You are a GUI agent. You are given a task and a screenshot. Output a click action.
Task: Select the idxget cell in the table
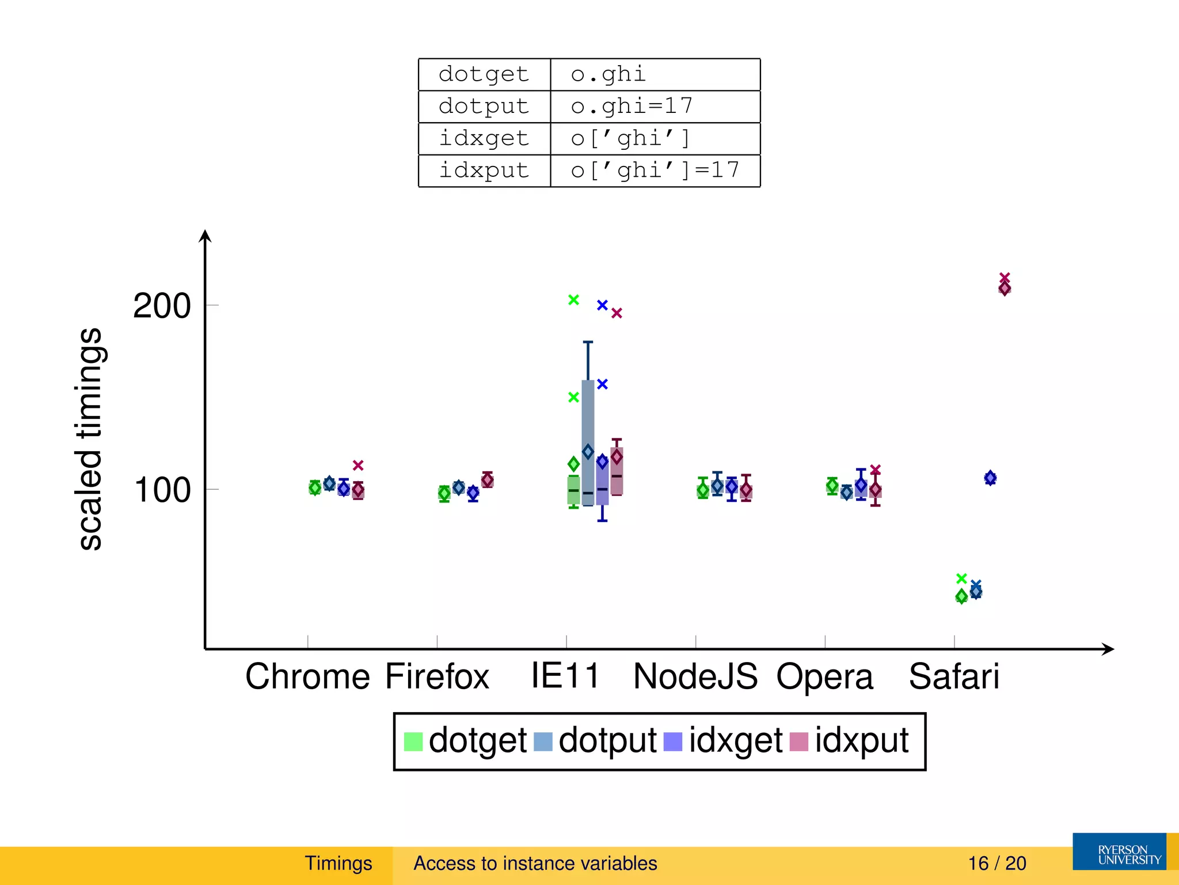tap(484, 138)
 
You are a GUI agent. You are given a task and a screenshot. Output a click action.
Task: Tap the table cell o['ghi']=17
tap(655, 171)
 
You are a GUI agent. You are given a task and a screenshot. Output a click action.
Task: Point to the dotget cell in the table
tap(484, 74)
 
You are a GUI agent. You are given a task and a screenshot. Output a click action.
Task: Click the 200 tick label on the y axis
tap(162, 305)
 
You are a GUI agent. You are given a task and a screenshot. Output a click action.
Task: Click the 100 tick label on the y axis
tap(162, 490)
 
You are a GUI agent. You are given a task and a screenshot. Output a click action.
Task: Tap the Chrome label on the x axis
tap(307, 676)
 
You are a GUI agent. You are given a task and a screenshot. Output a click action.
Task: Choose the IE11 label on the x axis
tap(565, 675)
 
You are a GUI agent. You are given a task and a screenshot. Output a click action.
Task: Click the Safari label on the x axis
tap(954, 676)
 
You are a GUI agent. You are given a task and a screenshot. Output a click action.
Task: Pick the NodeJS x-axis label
tap(695, 676)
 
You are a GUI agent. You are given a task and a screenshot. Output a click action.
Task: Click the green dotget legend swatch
tap(413, 742)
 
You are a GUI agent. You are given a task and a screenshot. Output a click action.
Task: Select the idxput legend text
tap(861, 740)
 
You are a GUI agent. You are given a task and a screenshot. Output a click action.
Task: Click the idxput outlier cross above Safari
tap(1005, 278)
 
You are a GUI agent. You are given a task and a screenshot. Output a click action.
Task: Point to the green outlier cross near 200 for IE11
tap(573, 300)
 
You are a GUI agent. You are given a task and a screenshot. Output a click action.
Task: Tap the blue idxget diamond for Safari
tap(990, 478)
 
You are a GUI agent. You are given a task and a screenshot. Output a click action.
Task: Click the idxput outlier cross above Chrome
tap(358, 465)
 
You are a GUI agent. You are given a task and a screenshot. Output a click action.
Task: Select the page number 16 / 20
tap(997, 863)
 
